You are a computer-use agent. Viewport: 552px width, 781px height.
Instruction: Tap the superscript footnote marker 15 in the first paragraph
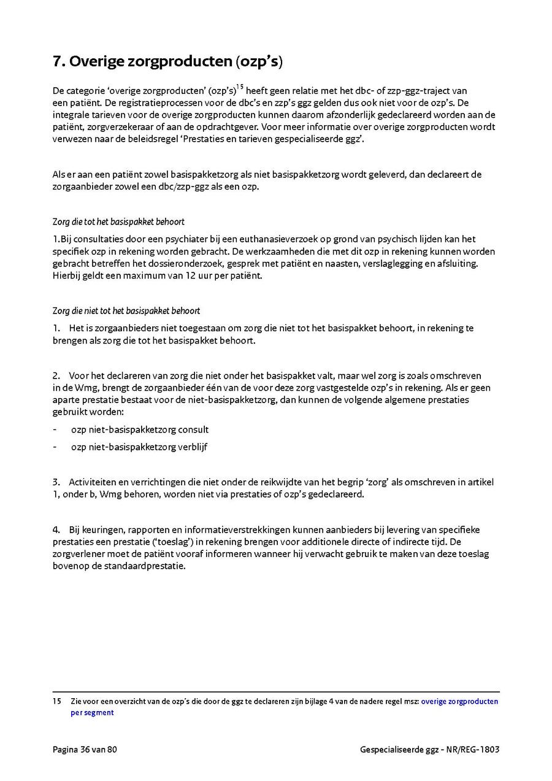(x=240, y=87)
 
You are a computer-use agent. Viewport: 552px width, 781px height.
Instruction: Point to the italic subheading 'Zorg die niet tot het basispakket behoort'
(x=126, y=311)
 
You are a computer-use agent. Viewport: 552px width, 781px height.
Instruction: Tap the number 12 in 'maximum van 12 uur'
(x=174, y=275)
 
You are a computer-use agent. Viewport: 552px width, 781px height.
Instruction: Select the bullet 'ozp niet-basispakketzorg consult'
(x=140, y=429)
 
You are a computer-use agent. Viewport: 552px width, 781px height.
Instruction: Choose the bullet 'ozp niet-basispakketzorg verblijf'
(x=139, y=447)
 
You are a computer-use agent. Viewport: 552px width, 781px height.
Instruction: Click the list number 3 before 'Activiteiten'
(x=56, y=482)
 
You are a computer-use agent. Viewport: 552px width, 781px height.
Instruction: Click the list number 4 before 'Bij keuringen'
(x=56, y=529)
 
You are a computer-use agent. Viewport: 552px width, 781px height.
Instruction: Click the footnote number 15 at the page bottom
(x=56, y=701)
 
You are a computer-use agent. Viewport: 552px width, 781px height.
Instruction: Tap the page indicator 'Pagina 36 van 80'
(x=85, y=749)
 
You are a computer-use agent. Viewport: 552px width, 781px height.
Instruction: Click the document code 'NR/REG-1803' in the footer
(x=473, y=750)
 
